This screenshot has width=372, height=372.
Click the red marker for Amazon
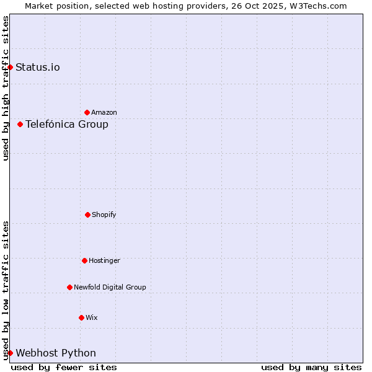coord(87,112)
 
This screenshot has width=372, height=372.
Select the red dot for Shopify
coord(87,215)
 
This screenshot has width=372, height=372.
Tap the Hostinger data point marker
coord(84,260)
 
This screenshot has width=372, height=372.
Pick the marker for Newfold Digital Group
coord(69,287)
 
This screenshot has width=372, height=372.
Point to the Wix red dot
coord(81,317)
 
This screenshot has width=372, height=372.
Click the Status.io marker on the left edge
coord(10,67)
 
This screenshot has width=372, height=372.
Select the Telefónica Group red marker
coord(20,124)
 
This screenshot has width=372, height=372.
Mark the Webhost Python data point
coord(10,353)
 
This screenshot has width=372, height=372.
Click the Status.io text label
coord(38,67)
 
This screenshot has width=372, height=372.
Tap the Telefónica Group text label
coord(67,124)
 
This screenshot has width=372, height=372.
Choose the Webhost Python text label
coord(56,353)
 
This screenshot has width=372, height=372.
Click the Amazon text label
coord(104,112)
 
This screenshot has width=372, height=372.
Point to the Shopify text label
coord(104,215)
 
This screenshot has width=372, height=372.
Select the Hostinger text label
coord(104,260)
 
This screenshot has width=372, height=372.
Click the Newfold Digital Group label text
coord(110,287)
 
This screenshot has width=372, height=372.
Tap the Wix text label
coord(92,317)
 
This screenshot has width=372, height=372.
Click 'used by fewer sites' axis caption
coord(64,367)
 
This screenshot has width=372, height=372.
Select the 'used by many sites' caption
coord(311,367)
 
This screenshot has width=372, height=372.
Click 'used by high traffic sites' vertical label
coord(6,88)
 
